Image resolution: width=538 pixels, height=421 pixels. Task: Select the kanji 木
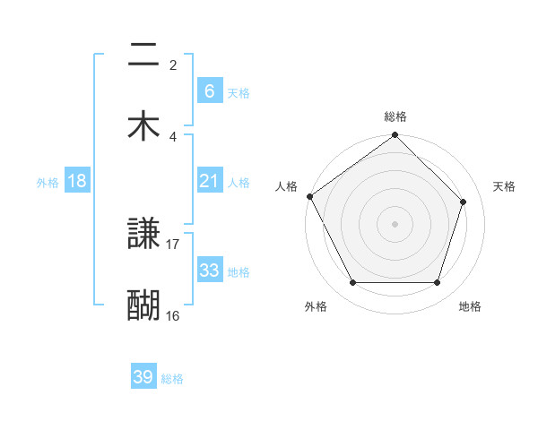143,125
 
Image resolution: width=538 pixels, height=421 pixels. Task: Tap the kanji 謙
143,235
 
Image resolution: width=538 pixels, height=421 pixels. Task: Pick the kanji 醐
143,305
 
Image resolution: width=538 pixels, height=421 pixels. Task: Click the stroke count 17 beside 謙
173,244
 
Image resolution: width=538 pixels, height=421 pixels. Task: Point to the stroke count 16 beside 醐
173,315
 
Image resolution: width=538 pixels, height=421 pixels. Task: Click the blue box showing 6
209,90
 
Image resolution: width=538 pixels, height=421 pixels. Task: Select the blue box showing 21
209,181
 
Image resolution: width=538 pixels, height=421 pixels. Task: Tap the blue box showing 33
209,271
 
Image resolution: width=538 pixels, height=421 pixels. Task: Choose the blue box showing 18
77,181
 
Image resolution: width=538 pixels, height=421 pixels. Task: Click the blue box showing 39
143,377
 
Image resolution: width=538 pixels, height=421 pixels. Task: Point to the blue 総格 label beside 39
172,379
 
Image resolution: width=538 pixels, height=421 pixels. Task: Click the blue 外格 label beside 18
48,183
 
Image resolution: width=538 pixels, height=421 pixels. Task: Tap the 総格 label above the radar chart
395,116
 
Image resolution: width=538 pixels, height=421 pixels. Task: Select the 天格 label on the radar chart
505,186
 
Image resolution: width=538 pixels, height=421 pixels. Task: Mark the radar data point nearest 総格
395,136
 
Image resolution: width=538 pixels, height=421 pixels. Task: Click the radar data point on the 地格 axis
438,283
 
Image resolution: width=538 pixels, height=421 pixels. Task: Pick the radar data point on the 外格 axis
352,283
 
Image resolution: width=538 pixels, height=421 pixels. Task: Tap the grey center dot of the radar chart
395,224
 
